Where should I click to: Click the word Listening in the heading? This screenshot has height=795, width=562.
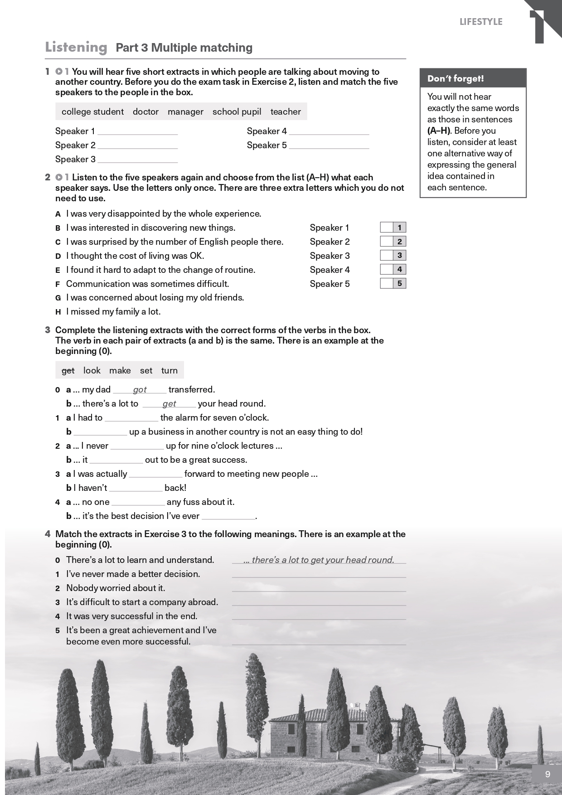[x=76, y=47]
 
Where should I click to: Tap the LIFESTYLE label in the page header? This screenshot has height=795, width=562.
[x=481, y=22]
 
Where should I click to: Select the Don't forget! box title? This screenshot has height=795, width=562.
[x=455, y=78]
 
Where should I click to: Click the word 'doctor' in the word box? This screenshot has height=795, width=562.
[x=145, y=111]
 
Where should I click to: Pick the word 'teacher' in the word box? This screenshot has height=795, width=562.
[x=286, y=111]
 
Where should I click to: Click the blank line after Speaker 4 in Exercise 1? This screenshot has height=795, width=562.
[x=329, y=132]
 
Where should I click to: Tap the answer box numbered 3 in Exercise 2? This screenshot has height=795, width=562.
[x=387, y=255]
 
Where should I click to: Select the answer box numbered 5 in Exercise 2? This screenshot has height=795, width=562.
[x=387, y=283]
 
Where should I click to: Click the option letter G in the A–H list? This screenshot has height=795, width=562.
[x=58, y=298]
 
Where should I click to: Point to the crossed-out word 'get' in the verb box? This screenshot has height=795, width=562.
[x=68, y=370]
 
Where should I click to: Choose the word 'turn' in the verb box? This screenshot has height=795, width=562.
[x=170, y=370]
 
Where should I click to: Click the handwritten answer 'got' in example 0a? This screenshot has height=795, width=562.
[x=140, y=389]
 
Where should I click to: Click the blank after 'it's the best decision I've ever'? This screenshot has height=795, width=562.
[x=228, y=517]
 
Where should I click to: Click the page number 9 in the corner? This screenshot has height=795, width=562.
[x=547, y=774]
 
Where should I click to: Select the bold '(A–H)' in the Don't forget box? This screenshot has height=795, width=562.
[x=439, y=131]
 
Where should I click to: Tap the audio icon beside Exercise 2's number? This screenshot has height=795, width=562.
[x=59, y=177]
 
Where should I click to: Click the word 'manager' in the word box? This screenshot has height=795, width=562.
[x=185, y=111]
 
